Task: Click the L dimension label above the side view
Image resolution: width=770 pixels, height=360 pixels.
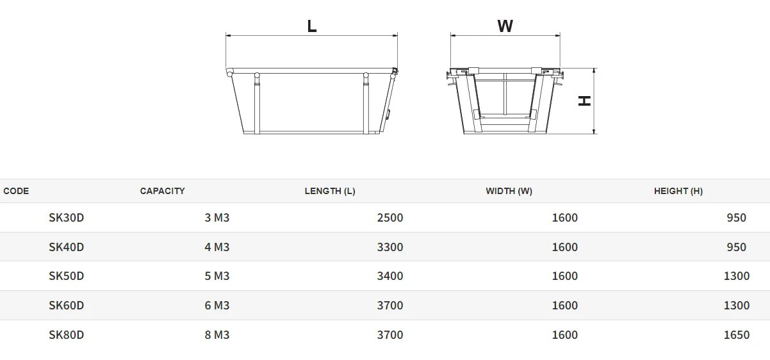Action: pos(312,26)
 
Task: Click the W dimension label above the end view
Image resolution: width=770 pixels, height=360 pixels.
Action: pos(505,26)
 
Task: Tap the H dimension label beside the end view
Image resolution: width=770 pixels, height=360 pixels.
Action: pos(584,101)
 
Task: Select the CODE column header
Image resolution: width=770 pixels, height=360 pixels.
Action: pos(16,191)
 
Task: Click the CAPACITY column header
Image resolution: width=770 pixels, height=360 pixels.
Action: pos(162,191)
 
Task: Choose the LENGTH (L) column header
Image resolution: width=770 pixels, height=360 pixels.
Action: pos(330,191)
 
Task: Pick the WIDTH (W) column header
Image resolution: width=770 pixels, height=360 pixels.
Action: pos(509,191)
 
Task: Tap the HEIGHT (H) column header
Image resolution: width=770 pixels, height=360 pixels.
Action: pos(678,191)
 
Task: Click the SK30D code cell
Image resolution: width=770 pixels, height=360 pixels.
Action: pos(67,218)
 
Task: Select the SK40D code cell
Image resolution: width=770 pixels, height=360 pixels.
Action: pos(67,247)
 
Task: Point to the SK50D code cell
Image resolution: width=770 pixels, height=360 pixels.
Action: pos(67,276)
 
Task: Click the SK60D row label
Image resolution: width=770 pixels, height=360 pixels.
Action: pos(67,306)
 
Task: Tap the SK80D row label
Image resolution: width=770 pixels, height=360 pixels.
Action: pos(67,335)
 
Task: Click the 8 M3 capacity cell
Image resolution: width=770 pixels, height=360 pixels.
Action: pos(217,335)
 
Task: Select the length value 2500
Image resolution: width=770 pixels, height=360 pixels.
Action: pos(390,218)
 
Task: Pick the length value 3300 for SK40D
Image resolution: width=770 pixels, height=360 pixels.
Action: pos(390,247)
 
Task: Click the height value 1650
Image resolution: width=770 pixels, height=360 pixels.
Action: pos(736,335)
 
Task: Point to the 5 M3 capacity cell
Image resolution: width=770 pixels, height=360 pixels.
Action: pos(217,276)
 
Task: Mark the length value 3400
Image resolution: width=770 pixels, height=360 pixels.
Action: pos(390,276)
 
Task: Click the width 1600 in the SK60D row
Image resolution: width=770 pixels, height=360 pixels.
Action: pos(564,306)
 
